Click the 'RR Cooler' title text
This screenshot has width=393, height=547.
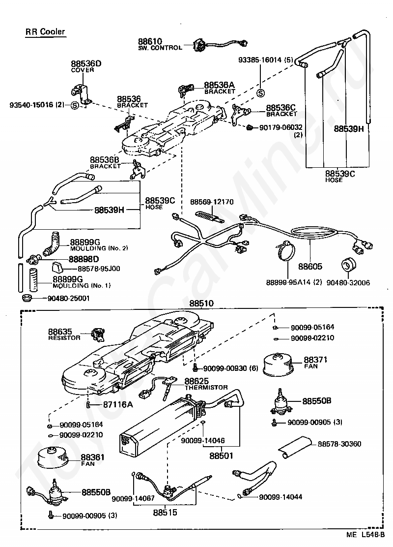(45, 32)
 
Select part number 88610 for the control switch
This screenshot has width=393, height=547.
(150, 41)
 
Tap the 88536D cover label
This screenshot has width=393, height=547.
(86, 66)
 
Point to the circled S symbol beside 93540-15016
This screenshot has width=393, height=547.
(75, 105)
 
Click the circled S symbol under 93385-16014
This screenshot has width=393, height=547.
(260, 93)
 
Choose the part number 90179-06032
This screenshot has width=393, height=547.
(281, 128)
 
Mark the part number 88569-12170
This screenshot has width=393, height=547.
(212, 202)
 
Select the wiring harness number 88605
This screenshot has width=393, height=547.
(310, 267)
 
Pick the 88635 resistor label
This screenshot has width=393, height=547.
(64, 334)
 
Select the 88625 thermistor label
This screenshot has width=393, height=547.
(206, 384)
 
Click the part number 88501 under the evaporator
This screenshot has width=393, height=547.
(221, 456)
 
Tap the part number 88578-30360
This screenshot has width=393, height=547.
(339, 444)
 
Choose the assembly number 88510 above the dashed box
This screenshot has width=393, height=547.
(201, 304)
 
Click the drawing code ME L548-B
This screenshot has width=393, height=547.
(365, 535)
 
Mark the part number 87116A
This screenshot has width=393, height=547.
(118, 405)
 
